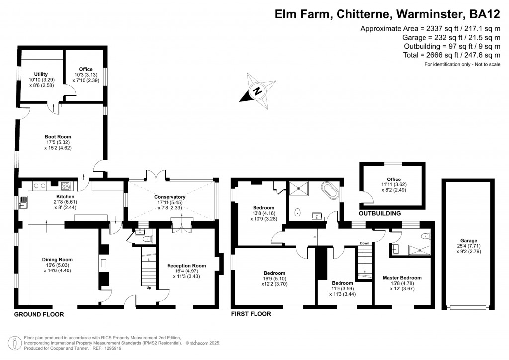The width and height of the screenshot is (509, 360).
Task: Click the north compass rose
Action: coord(257,91)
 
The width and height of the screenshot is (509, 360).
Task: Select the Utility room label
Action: coord(41,74)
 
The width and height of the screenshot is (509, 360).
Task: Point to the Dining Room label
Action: coord(58,259)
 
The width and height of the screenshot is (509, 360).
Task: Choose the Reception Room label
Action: coord(186,266)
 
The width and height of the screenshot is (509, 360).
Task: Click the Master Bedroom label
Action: coord(402,278)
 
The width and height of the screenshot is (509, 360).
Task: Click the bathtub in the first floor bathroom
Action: coord(331,190)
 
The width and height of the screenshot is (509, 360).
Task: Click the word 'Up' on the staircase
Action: coord(149,287)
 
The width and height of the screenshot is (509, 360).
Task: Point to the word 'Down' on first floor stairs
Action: coord(365,243)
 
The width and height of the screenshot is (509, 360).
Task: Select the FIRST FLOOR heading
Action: coord(251,314)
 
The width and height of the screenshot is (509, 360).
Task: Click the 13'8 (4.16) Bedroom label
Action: coord(263,207)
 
